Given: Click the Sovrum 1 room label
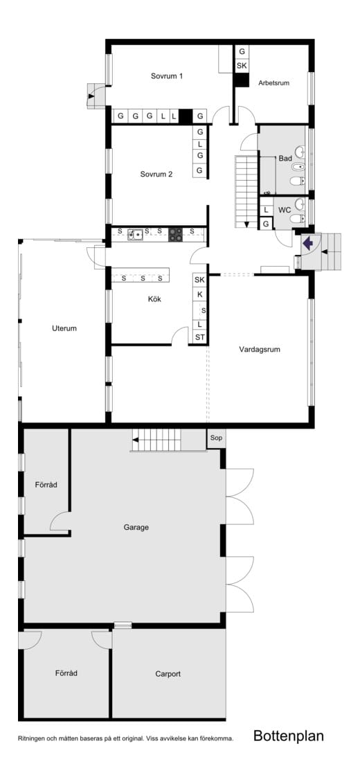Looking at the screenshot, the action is tap(166, 76).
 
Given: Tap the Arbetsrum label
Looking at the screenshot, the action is tap(273, 83).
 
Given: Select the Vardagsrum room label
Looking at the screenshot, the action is tap(260, 350).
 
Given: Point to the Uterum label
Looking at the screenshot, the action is tap(64, 328).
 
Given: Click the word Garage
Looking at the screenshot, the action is tap(136, 527).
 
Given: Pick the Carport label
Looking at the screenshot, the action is tap(168, 674).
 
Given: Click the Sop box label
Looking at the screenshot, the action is tap(216, 438).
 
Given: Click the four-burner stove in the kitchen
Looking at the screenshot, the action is tap(176, 235).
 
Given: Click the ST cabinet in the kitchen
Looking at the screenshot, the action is tap(200, 337).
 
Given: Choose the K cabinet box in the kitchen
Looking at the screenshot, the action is tap(200, 295).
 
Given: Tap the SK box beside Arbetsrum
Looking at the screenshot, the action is tap(242, 66).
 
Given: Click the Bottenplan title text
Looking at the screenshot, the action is tap(289, 736).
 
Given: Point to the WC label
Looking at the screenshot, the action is tap(285, 211).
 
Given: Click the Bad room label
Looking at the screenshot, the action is tap(285, 159).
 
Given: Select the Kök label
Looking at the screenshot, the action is tap(154, 299).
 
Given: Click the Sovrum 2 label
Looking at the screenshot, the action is tap(156, 175).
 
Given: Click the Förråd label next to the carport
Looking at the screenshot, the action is tap(66, 673).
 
